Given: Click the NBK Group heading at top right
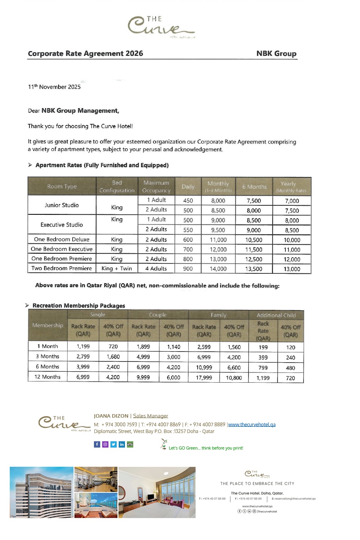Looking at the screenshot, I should coord(276,53).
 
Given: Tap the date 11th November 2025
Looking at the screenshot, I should coord(54,87).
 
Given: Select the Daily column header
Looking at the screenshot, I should coord(188,187).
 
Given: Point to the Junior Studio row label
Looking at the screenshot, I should coord(62,205).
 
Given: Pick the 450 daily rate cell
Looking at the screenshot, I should coord(188,201).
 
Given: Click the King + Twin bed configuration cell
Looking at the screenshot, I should coord(117,269).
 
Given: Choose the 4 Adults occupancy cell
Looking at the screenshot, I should coord(156,269).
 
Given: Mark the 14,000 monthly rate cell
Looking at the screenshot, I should coord(218,269).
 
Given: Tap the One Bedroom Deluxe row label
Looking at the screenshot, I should coord(62,239).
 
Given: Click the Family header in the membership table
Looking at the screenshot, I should coord(219,315).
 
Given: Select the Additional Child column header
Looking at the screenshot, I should coord(276,315).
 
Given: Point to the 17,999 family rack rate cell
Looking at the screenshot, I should coord(204,378).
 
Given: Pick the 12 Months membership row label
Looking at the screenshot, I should coord(48,377).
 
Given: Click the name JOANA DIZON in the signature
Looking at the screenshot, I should coord(111,416).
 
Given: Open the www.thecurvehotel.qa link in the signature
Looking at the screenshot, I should coord(252,425).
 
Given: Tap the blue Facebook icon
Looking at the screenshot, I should coord(97,444).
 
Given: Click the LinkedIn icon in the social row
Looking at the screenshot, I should coord(122,444).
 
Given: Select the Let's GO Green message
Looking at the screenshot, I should coord(206,448).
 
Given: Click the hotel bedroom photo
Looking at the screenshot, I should coord(157,492).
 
